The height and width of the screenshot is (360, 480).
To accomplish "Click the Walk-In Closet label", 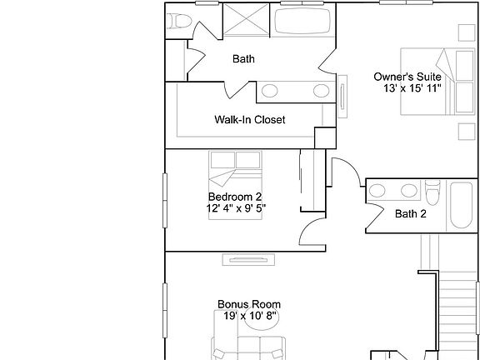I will point(250,120).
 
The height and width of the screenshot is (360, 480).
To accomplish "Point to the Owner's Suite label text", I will point(407,77).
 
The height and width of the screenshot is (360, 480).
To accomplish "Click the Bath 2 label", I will point(410,214).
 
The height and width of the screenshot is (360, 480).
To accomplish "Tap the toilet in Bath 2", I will point(431,193).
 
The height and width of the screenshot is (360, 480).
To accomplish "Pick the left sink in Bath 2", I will point(377,191).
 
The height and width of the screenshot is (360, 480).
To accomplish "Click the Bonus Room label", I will point(248,304).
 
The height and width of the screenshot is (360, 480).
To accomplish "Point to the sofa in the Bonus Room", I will point(248,345).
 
